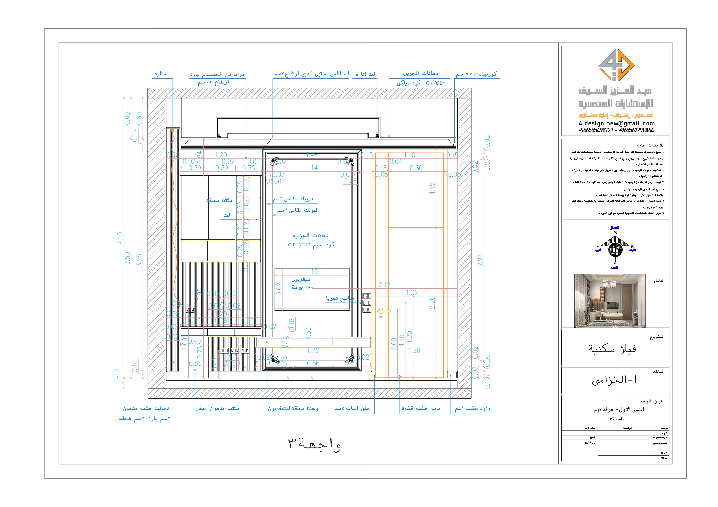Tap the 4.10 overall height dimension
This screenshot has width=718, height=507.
pos(120,238)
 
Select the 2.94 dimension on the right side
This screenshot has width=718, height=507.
pos(480,260)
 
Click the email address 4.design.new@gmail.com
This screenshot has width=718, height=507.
pos(616,123)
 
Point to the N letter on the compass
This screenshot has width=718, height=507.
pos(615,233)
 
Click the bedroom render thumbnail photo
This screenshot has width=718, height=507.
pos(610,301)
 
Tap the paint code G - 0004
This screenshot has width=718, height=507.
pos(435,83)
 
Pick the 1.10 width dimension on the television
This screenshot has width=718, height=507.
pos(312,272)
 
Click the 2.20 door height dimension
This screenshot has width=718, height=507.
pos(432,303)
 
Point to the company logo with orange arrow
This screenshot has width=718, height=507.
pos(616,65)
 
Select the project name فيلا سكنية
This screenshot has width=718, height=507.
pos(612,349)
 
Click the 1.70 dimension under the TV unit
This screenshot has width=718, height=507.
pos(313,350)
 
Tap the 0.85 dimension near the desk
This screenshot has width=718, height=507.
pos(195,363)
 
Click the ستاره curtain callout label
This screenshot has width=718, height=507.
pos(161,74)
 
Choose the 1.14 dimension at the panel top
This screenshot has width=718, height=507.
pos(312,168)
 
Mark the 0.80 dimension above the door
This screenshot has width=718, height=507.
pos(416,168)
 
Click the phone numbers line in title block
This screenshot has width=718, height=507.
pos(616,131)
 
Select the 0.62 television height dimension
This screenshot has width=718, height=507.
pos(279,289)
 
